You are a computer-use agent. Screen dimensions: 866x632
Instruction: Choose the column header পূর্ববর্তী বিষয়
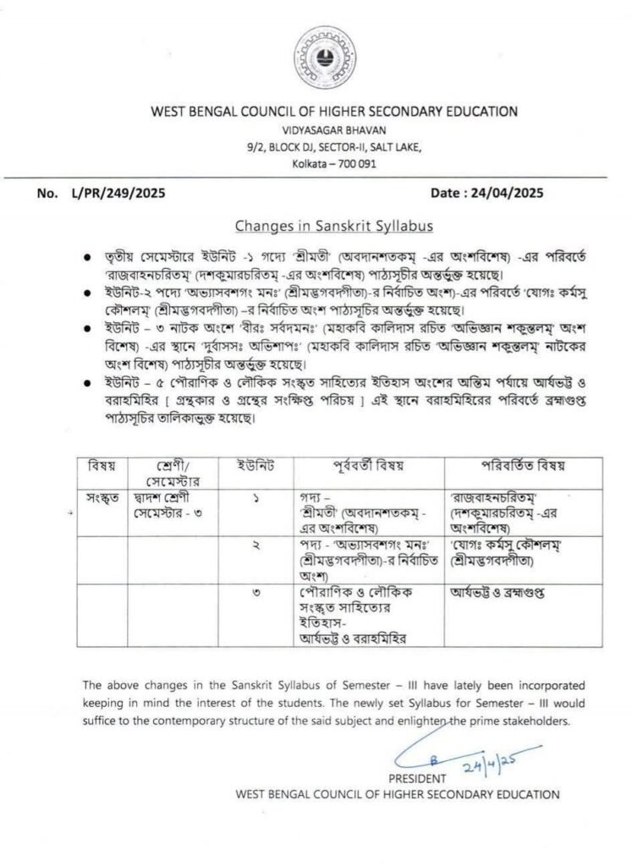(368, 466)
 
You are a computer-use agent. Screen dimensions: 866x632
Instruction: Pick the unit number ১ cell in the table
(256, 500)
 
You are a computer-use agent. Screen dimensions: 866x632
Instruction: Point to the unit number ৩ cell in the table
(256, 593)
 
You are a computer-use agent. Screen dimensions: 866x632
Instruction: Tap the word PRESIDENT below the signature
(416, 777)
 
